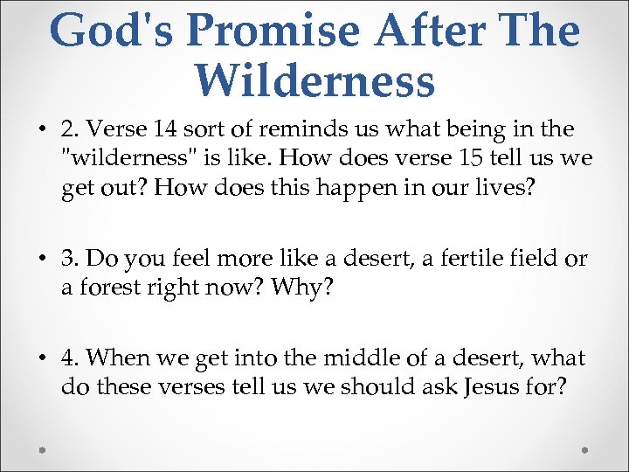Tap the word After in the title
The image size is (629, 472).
[434, 31]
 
